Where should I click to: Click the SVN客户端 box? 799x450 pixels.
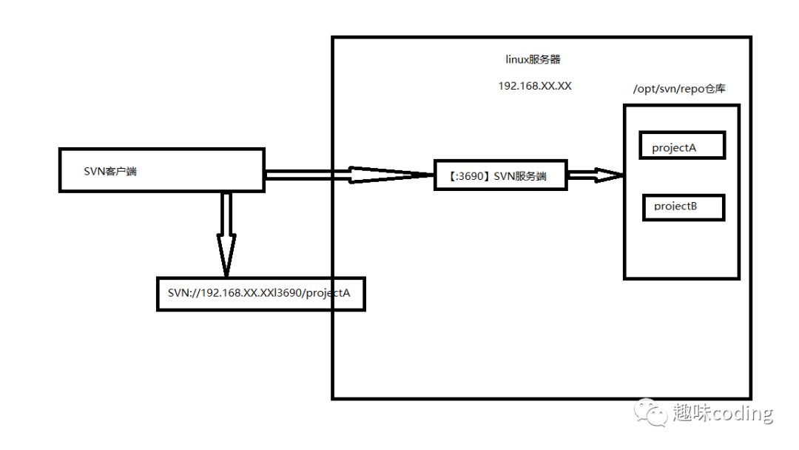[161, 170]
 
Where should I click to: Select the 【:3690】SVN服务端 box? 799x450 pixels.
[500, 175]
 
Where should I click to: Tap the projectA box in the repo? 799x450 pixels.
[682, 146]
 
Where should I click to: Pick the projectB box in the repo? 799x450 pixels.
[682, 207]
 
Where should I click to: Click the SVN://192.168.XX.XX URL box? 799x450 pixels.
[260, 294]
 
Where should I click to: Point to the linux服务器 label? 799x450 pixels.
[533, 60]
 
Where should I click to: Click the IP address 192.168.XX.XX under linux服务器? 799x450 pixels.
[534, 86]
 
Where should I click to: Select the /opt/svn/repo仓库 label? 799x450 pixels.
[679, 89]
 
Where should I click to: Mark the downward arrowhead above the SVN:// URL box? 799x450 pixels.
[226, 255]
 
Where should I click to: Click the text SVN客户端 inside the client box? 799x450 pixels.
[110, 171]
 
